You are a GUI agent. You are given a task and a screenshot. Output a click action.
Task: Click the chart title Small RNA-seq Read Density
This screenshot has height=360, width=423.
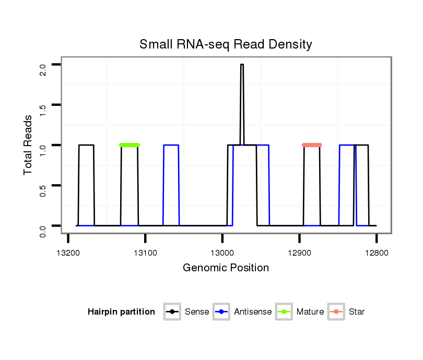226,44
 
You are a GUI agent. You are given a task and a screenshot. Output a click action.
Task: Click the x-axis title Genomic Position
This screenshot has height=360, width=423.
226,268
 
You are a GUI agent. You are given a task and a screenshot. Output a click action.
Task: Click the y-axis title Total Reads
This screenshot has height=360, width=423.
29,145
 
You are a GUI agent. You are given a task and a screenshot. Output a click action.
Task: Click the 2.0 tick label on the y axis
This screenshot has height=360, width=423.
43,69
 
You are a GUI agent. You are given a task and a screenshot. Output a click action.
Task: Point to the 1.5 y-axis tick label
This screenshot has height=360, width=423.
43,109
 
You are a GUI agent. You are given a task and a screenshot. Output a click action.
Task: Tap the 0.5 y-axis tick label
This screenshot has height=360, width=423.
43,189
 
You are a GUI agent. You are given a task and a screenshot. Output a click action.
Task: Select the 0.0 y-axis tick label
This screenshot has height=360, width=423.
43,230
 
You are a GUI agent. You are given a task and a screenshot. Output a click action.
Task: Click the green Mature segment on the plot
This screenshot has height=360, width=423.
130,145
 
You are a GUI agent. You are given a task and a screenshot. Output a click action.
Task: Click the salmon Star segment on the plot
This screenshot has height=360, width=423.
312,145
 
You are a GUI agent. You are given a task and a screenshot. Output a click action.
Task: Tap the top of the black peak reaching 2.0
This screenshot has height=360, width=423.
242,65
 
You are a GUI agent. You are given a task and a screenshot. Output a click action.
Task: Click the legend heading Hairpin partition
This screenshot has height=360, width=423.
121,312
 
